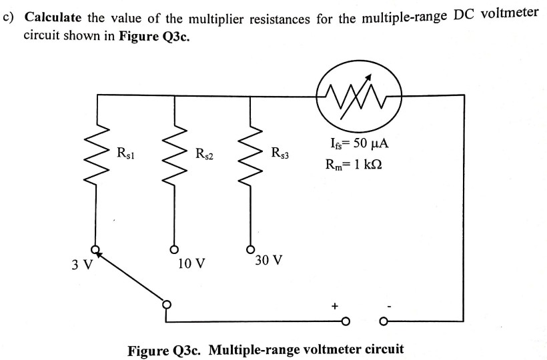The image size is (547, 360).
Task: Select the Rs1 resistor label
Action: click(126, 153)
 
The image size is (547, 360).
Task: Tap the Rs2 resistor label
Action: click(204, 155)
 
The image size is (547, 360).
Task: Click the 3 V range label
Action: click(81, 264)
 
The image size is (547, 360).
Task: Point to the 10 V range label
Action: click(191, 263)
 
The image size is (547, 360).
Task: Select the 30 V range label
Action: click(268, 259)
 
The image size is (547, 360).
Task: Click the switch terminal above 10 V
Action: click(175, 250)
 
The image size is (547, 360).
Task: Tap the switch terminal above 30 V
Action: click(251, 248)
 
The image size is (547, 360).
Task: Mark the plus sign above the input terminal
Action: click(335, 306)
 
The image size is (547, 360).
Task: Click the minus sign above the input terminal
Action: click(390, 306)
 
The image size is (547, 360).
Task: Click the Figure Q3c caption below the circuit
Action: click(265, 349)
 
